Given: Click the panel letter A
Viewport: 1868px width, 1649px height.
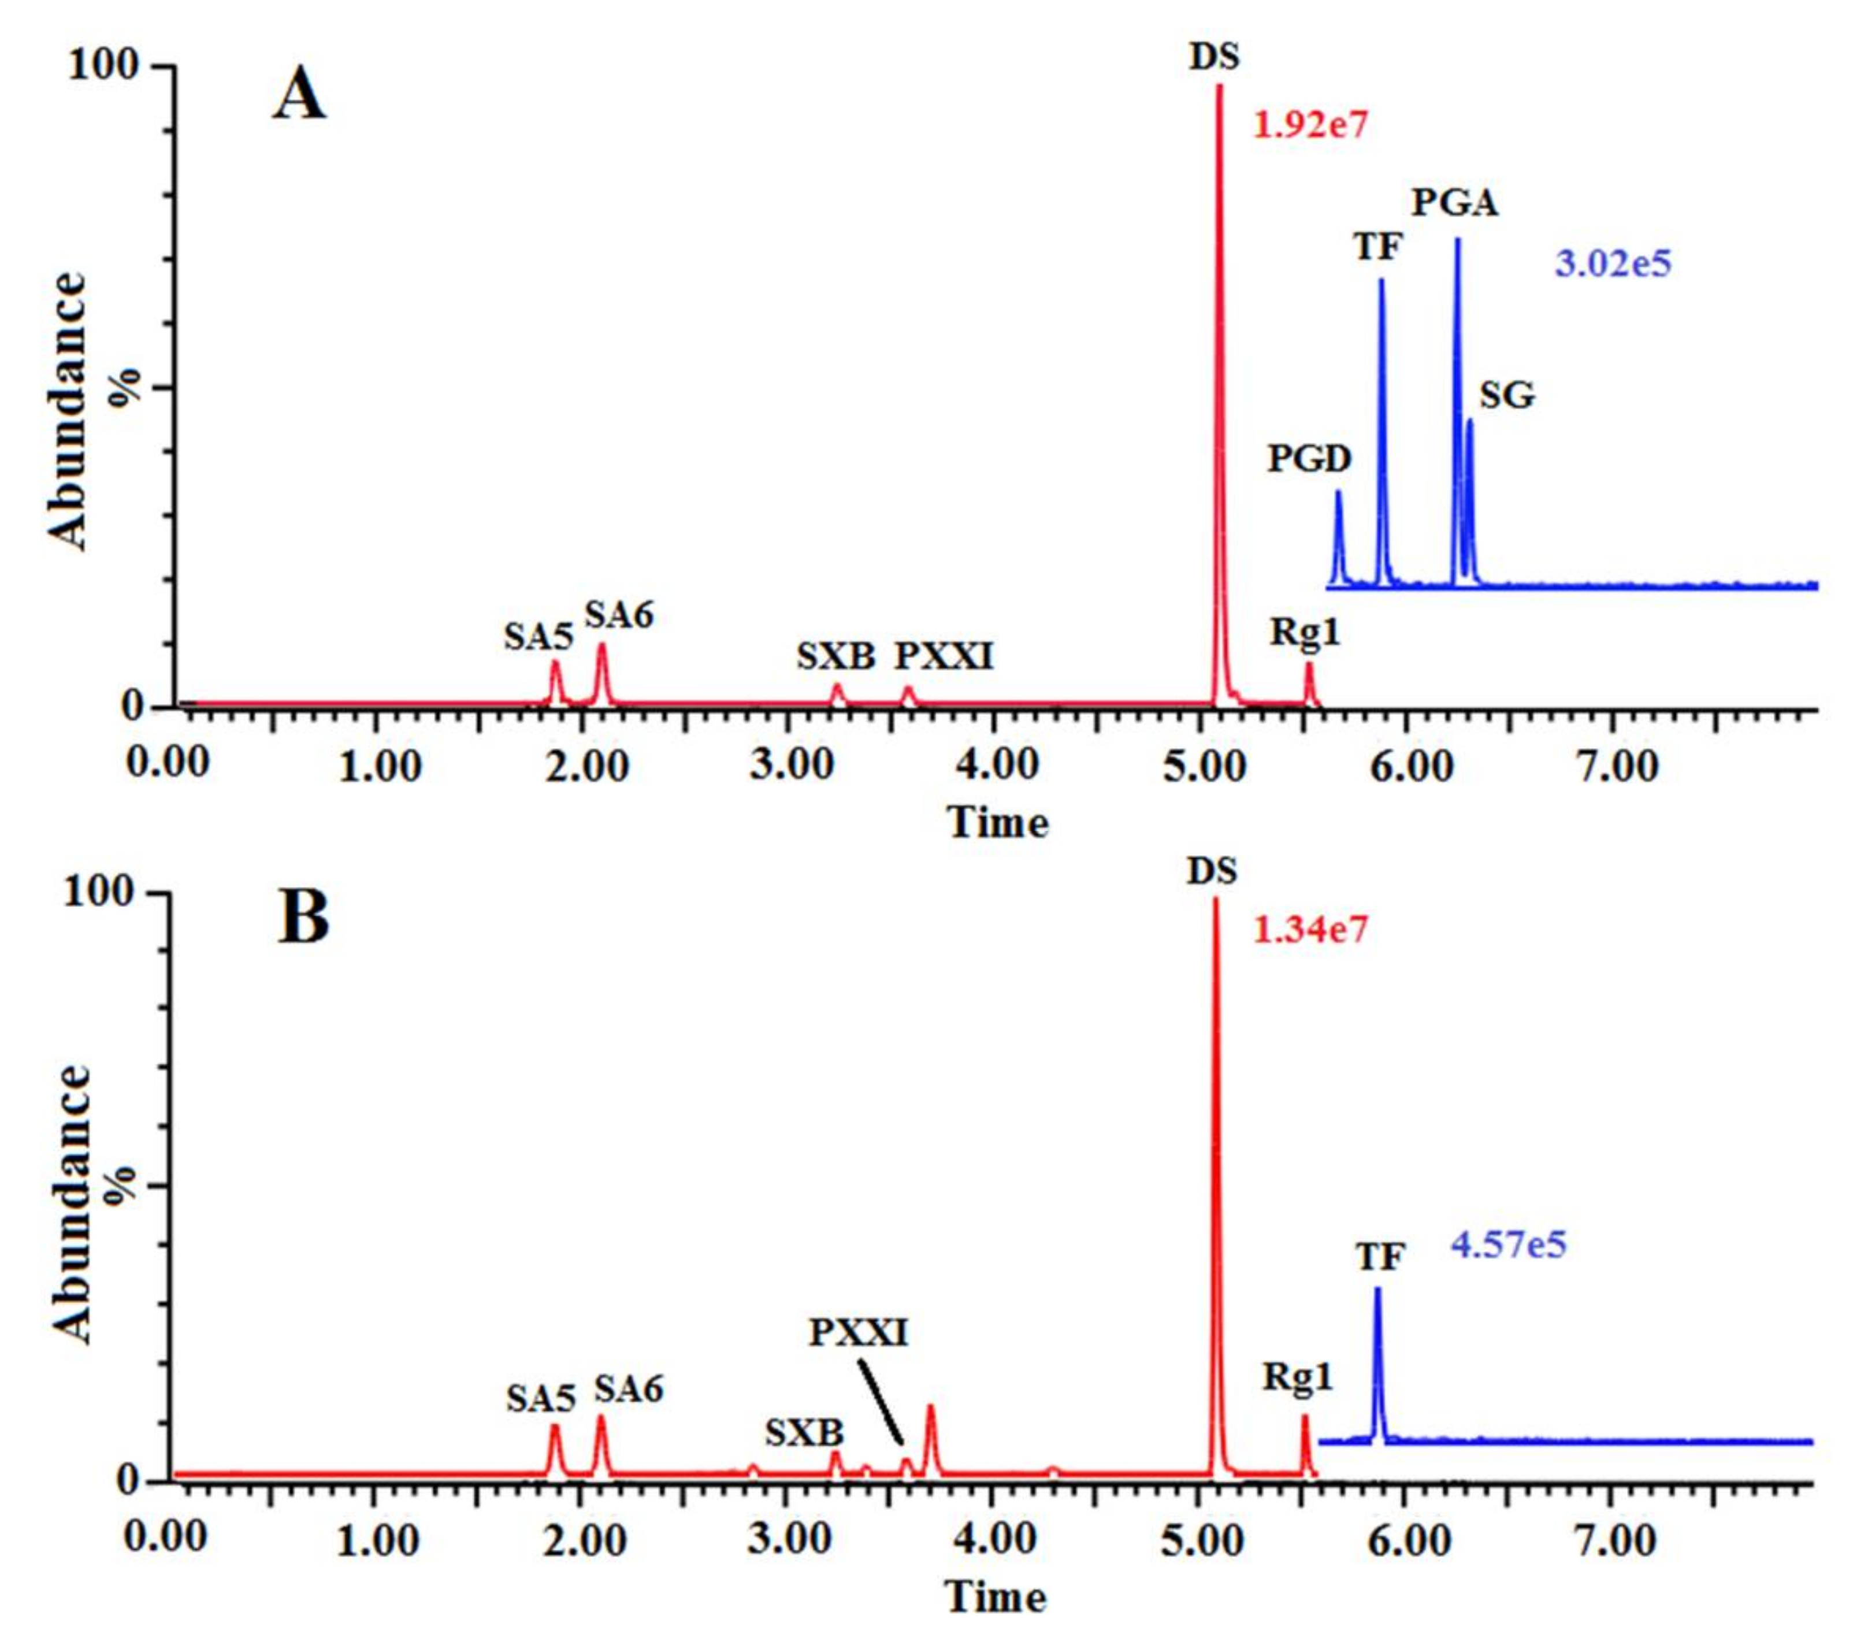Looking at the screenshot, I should pyautogui.click(x=299, y=97).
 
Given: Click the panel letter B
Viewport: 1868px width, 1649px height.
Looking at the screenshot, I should pyautogui.click(x=303, y=919).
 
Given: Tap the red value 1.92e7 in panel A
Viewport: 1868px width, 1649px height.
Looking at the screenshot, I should pyautogui.click(x=1310, y=124).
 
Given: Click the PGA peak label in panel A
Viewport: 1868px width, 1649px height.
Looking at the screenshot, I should pyautogui.click(x=1455, y=203).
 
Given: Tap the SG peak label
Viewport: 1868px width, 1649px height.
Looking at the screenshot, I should pyautogui.click(x=1507, y=396).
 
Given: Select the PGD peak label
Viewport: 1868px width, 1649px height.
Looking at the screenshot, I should pyautogui.click(x=1309, y=459).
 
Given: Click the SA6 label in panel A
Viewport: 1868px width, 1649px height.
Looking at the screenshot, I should pyautogui.click(x=619, y=616).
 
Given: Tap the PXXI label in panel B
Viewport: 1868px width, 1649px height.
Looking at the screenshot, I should pyautogui.click(x=859, y=1334).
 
